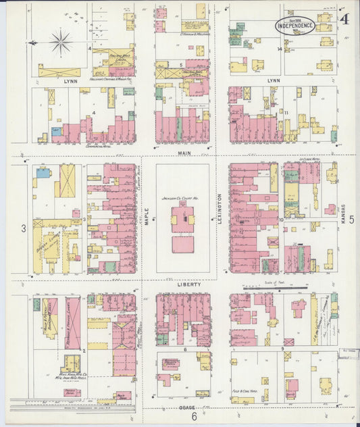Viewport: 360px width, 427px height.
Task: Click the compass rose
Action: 61,43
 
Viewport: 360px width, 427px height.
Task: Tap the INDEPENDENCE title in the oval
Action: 295,26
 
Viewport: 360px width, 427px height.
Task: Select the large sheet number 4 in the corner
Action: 344,18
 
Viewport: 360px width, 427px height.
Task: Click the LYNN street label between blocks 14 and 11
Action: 274,80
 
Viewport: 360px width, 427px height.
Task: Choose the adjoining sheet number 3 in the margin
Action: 23,228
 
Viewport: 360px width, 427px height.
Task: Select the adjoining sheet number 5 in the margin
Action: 352,218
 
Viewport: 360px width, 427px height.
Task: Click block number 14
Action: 278,49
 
